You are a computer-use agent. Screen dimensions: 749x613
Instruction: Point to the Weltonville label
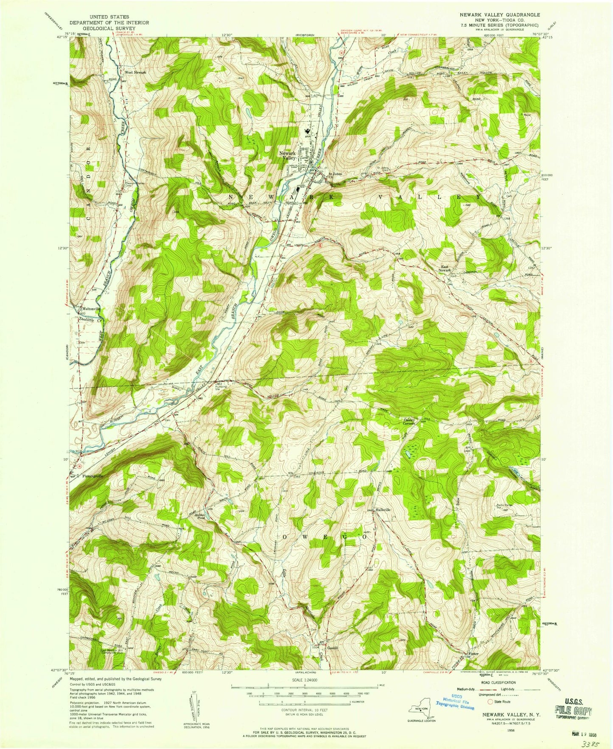(x=92, y=309)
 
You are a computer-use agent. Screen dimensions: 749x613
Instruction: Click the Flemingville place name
(x=93, y=476)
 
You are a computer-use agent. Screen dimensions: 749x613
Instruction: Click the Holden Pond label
(x=200, y=516)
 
